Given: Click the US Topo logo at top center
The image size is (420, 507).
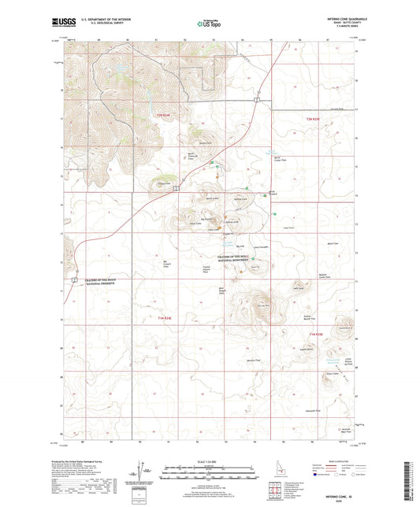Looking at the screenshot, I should point(209,24).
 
